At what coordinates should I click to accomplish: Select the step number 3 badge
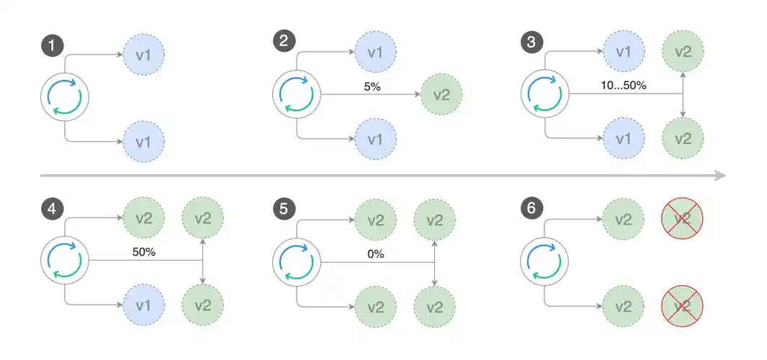pos(531,42)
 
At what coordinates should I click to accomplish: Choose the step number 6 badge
pos(531,209)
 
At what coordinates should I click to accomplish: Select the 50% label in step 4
pos(145,253)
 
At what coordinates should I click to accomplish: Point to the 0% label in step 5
pos(375,253)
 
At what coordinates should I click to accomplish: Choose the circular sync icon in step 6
pos(545,260)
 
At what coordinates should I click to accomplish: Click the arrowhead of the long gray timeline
pos(719,175)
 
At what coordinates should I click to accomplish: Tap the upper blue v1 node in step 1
pos(144,53)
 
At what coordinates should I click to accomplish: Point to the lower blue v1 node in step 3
pos(624,138)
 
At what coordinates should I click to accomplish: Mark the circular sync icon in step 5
pos(297,260)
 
